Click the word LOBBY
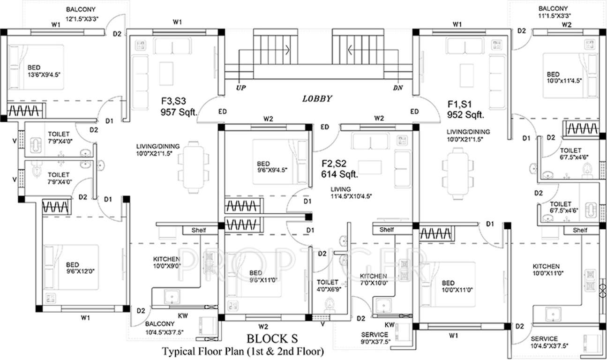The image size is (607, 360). [x=317, y=99]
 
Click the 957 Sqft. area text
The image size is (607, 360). [x=179, y=113]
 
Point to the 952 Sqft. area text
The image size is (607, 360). [x=465, y=114]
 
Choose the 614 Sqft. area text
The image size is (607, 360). [x=340, y=174]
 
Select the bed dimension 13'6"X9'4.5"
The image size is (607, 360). [x=45, y=74]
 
